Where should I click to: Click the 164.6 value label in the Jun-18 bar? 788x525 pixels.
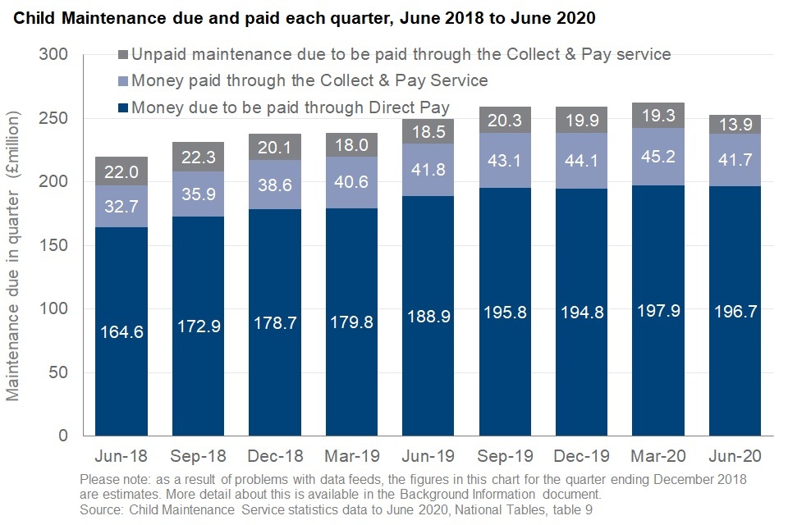[x=121, y=332]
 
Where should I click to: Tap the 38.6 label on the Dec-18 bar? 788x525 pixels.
[x=274, y=193]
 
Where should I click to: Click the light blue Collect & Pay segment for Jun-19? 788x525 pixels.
[x=428, y=170]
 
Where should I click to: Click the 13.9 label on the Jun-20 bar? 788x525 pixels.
[x=735, y=125]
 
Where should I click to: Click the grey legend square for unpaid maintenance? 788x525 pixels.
[x=123, y=55]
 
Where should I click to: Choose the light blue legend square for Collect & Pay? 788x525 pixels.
[x=123, y=81]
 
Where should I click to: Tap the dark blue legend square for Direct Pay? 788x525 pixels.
[x=123, y=107]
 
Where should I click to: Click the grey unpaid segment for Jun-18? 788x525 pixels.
[x=121, y=171]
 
